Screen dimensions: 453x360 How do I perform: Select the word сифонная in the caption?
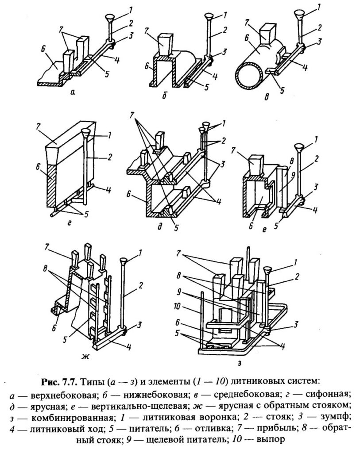click(325, 392)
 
